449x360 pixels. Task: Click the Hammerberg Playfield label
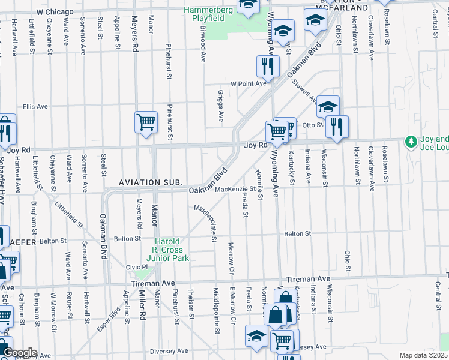(204, 14)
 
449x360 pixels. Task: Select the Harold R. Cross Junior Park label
(170, 250)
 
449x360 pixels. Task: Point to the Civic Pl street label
(137, 267)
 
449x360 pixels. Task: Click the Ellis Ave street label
(35, 106)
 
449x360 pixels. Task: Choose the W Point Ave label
(249, 83)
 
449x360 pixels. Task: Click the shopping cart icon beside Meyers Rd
(146, 122)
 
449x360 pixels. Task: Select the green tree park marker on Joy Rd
(411, 142)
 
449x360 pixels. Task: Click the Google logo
(20, 353)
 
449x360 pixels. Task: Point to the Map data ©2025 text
(423, 355)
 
